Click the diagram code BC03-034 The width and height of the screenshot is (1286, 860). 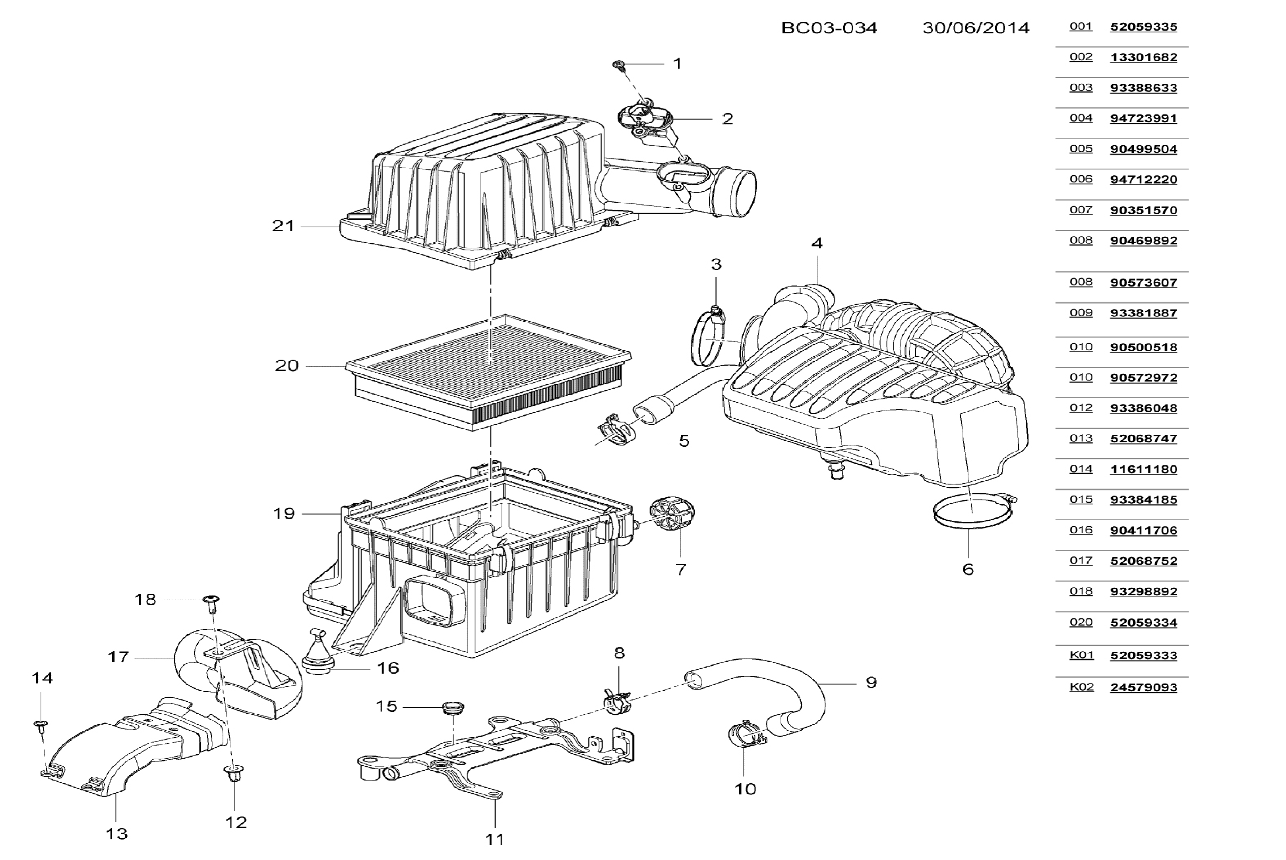[829, 28]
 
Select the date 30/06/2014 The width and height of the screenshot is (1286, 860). [976, 28]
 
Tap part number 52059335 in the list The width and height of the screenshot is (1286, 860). [1143, 27]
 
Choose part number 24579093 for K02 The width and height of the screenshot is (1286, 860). [1143, 687]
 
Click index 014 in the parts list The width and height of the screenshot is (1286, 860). [1081, 469]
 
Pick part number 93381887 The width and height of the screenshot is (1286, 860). [1143, 313]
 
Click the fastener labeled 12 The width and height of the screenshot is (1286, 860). [234, 773]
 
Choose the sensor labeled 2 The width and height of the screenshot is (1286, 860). [646, 118]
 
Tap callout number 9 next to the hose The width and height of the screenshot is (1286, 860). [871, 682]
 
